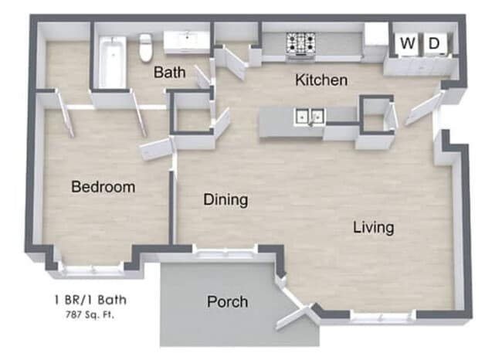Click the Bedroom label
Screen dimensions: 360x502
pos(103,187)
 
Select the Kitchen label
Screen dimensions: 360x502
pos(321,80)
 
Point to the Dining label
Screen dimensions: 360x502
pos(226,200)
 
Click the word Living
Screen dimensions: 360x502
pos(374,227)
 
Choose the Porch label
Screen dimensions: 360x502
pos(228,301)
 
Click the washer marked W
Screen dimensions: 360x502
pos(407,44)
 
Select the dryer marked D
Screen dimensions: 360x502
pos(434,44)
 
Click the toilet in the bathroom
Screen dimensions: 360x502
pos(145,47)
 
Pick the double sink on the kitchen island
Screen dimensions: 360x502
pos(309,117)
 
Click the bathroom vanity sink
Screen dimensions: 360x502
pos(188,41)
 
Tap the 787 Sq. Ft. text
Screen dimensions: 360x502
pos(92,314)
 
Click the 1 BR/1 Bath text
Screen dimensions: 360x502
pos(91,301)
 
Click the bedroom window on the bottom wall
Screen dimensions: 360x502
pos(91,270)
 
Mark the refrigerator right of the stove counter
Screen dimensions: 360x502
pos(375,42)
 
